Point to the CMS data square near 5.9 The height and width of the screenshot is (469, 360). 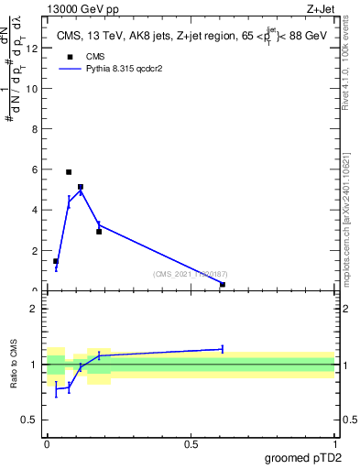(x=69, y=172)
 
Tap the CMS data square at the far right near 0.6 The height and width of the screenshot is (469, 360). (x=223, y=284)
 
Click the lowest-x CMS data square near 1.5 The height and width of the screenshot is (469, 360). (x=56, y=261)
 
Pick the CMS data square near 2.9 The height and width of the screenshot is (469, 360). (x=99, y=232)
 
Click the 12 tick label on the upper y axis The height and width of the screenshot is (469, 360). (x=34, y=49)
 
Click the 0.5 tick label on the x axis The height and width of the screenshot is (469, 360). (x=191, y=444)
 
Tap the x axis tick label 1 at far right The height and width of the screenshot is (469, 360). (x=335, y=444)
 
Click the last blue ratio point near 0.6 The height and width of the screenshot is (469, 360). (x=223, y=348)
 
